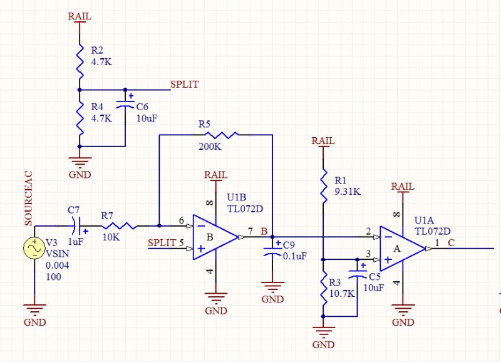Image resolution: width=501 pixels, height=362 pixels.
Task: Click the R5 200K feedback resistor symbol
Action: pos(217,135)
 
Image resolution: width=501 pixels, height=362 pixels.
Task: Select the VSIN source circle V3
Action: pos(34,248)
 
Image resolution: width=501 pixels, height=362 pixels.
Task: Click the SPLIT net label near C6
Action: pos(185,85)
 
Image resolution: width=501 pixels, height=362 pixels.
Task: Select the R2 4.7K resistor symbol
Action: pos(80,59)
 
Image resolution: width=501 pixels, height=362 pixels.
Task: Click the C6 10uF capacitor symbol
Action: pos(127,103)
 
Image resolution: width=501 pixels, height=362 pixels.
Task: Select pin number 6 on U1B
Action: pos(181,220)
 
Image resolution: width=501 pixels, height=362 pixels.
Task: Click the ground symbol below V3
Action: pos(34,309)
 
